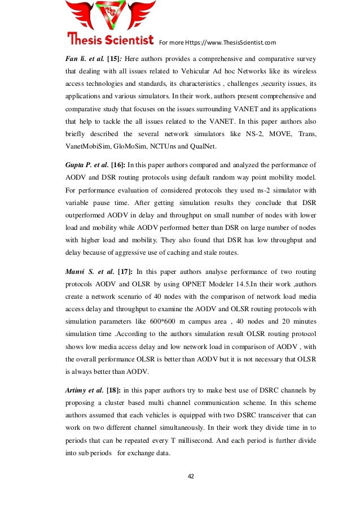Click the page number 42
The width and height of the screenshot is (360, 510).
tap(190, 476)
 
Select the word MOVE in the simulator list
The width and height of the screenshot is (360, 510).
tap(272, 133)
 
